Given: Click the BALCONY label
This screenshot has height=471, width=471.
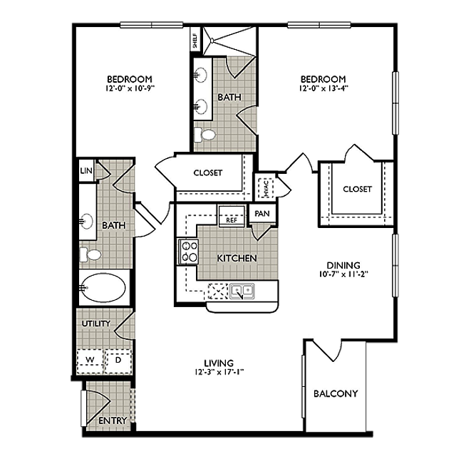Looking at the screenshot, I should [x=335, y=393].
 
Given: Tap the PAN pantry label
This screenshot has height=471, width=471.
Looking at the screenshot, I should [x=262, y=213].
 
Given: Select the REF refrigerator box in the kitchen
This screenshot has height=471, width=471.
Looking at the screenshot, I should [x=232, y=219].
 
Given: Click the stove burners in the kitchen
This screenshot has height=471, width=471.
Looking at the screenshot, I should [x=190, y=251].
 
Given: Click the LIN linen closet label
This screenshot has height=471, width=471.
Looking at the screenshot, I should [x=86, y=171].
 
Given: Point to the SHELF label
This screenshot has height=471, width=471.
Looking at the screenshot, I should [x=195, y=40].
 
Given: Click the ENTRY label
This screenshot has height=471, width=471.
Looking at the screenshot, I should [x=113, y=420].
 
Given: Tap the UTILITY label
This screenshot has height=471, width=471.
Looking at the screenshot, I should [x=96, y=324].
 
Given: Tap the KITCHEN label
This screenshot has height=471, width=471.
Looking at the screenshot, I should [x=237, y=258].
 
